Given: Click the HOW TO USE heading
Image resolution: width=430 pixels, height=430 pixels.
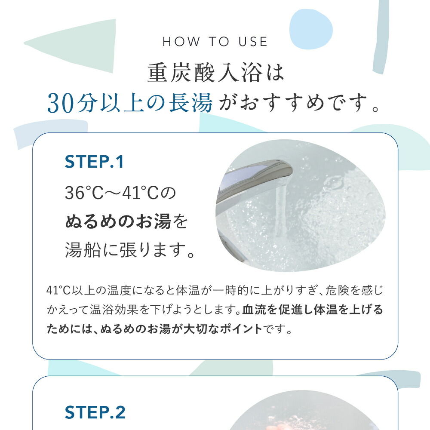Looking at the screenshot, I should coord(215,42).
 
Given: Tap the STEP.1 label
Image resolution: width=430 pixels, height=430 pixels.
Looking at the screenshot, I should coord(94,162).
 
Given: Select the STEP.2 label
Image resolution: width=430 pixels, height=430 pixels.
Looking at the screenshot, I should coord(95,412).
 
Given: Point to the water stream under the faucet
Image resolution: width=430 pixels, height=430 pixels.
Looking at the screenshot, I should coord(279,206).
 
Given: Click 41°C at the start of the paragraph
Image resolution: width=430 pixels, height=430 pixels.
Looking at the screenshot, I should coord(57,289).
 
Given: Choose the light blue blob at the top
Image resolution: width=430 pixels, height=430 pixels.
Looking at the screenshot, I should coord(311,29).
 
